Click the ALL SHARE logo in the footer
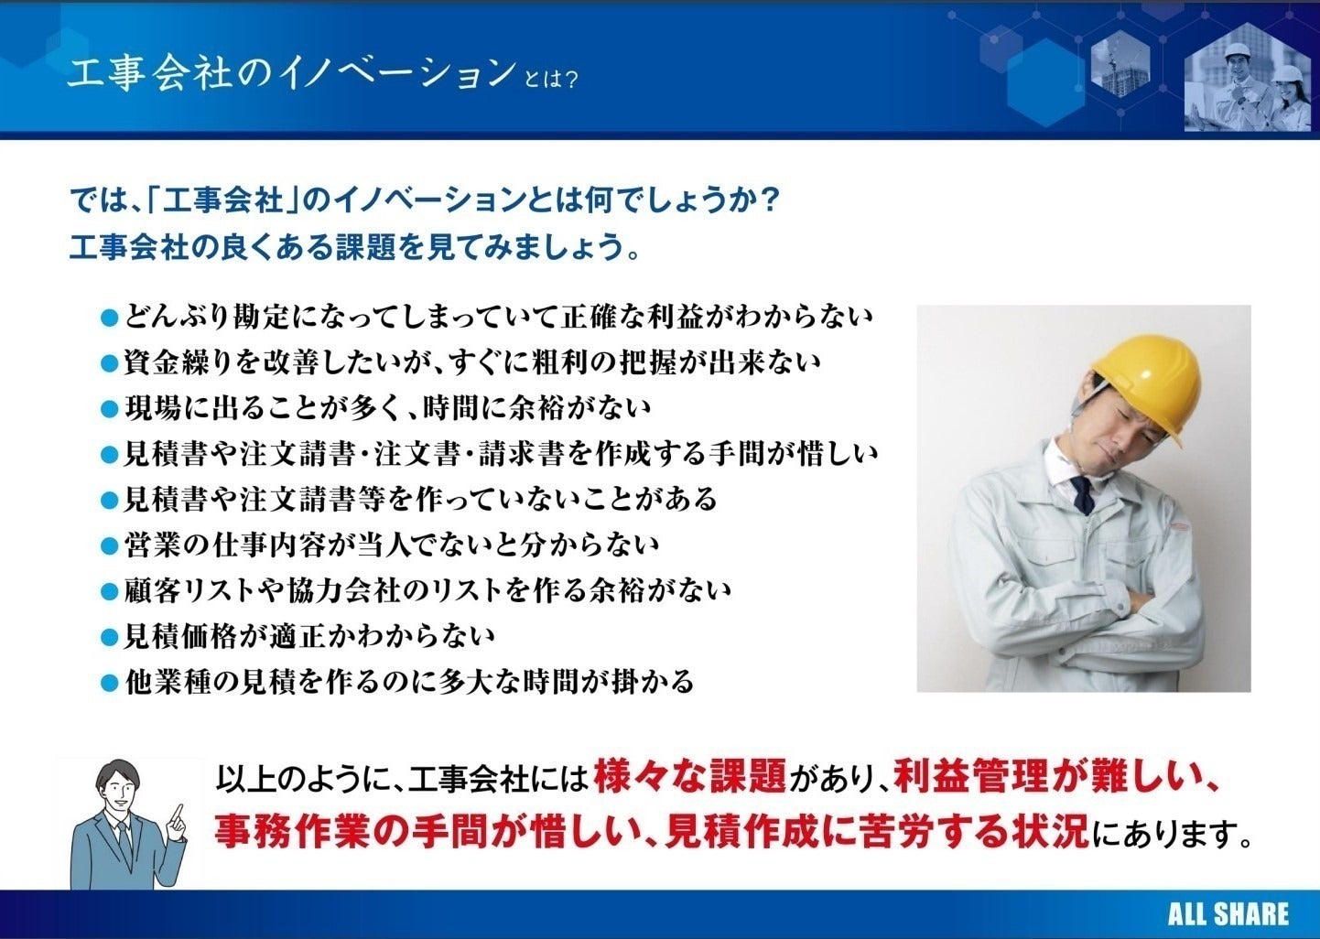(x=1227, y=913)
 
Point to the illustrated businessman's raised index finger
(x=179, y=812)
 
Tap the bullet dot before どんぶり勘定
(x=110, y=318)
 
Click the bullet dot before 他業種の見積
(x=110, y=683)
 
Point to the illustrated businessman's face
(x=117, y=787)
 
